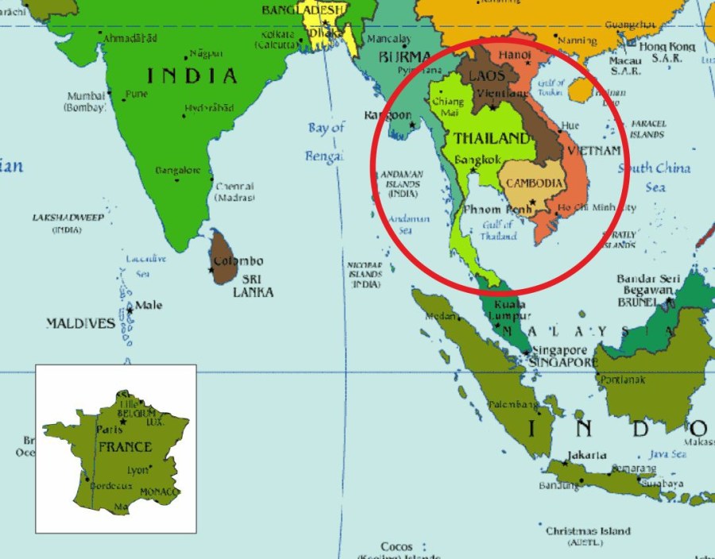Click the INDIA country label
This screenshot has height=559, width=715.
coord(191,76)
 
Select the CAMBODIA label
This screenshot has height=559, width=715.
coord(535,183)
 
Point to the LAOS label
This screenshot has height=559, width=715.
coord(486,76)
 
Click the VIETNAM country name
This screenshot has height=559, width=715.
coord(594,150)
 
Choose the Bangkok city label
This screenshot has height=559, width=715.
coord(477,160)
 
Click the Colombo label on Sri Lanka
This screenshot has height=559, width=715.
coord(238,261)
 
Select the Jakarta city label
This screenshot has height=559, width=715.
coord(586,456)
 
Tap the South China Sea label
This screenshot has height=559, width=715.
coord(655,177)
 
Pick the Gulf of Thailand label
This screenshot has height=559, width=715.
coord(499,230)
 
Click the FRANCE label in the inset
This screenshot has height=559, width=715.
coord(124,447)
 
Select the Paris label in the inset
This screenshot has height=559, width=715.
coord(108,430)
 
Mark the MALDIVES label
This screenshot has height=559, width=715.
coord(80,324)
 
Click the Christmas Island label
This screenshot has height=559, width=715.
coord(588,531)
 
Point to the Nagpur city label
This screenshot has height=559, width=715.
coord(204,55)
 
